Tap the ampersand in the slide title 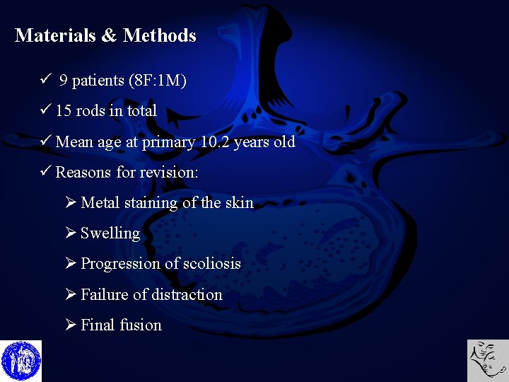pos(109,35)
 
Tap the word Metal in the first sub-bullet pos(100,203)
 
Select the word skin pos(239,203)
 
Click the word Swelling pos(110,233)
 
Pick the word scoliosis pos(212,264)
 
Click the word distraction pos(187,294)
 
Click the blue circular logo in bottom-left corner pos(21,361)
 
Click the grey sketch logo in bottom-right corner pos(488,361)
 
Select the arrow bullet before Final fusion pos(71,325)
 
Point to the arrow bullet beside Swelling pos(71,233)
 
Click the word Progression pos(120,264)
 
